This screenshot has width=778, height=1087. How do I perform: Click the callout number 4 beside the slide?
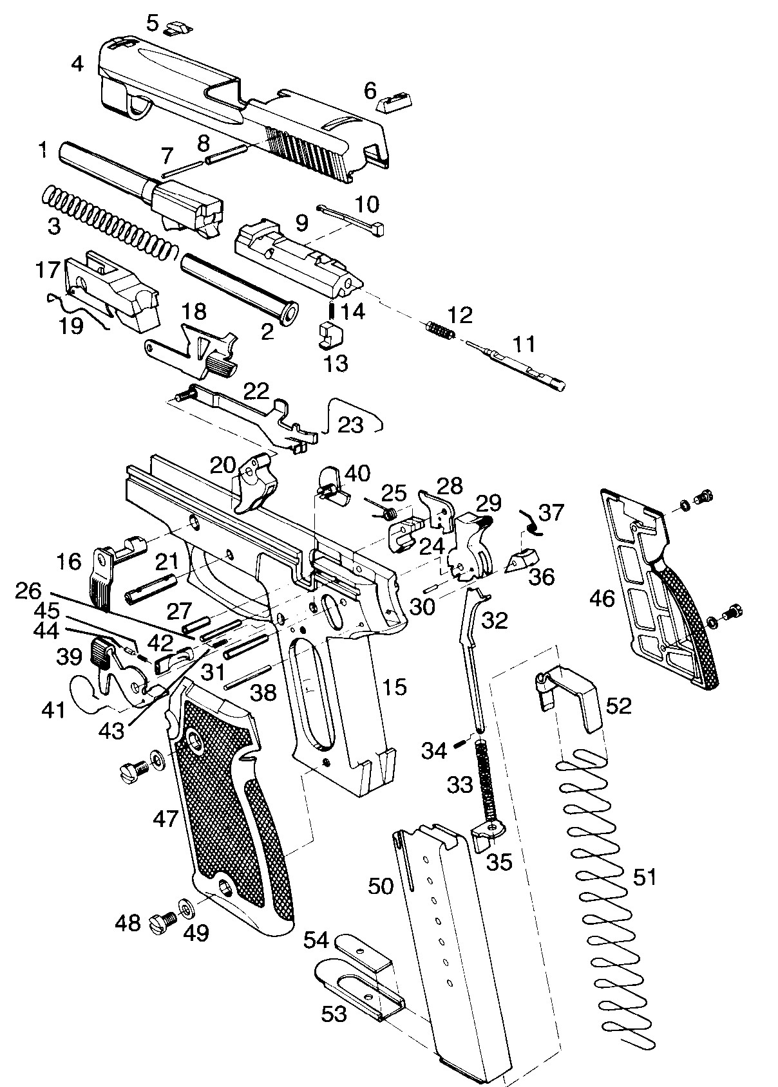[78, 64]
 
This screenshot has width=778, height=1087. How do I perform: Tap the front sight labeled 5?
[176, 28]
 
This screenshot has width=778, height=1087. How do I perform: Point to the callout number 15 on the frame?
[394, 687]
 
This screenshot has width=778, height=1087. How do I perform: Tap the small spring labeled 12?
[440, 330]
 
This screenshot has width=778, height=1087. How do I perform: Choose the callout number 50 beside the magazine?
[381, 886]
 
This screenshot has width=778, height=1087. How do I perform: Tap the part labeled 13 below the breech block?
[331, 335]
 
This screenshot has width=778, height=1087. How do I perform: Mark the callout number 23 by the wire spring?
[350, 425]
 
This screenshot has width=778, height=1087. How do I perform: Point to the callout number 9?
[301, 223]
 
